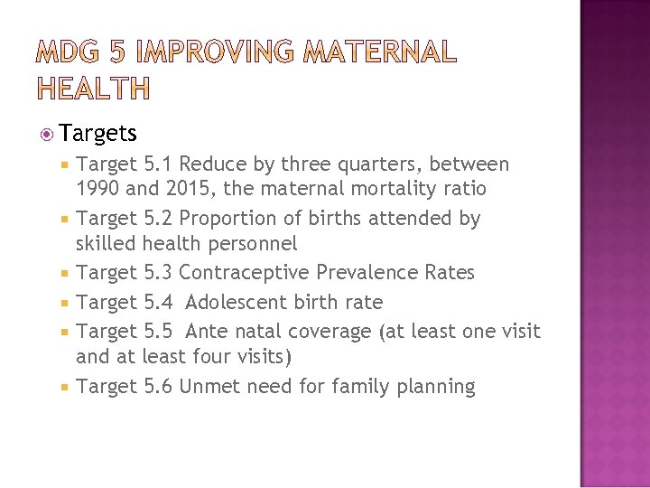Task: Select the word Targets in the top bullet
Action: (99, 134)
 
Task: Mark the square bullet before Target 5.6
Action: (65, 388)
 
